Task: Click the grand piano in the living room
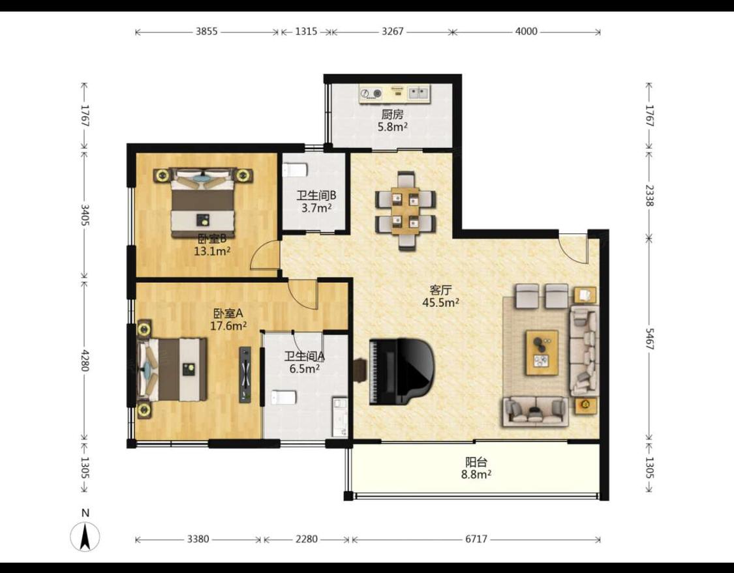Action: coord(402,372)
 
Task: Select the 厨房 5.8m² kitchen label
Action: coord(392,121)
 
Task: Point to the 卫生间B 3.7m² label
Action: coord(316,201)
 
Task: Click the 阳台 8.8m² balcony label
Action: coord(476,468)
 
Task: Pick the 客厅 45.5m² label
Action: coord(440,296)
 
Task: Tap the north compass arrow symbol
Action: coord(85,536)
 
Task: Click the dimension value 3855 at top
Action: coord(206,31)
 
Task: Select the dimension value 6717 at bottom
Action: coord(476,539)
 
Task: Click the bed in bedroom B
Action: coord(203,202)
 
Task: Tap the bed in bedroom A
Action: coord(172,370)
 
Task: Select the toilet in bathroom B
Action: coord(295,169)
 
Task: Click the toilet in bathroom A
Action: coord(284,398)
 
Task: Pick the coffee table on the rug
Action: coord(542,353)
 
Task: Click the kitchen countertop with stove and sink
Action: coord(395,93)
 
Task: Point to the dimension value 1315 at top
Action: coord(306,31)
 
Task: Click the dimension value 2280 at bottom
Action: coord(306,539)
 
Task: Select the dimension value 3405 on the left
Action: coord(85,214)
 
